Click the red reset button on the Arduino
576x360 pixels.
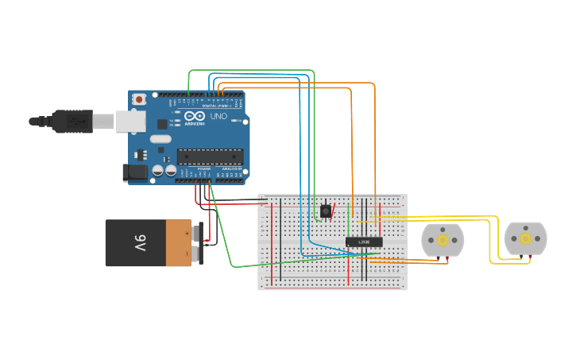tap(140, 99)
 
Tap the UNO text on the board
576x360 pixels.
tap(218, 116)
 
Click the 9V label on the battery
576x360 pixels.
tap(139, 242)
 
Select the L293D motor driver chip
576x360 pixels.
tap(364, 242)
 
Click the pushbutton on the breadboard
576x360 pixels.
tap(326, 211)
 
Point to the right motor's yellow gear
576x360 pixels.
tap(525, 238)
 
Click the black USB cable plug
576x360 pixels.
tap(72, 121)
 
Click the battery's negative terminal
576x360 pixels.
tap(197, 254)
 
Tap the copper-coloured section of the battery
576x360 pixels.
tap(179, 243)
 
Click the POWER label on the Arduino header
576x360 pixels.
tap(203, 168)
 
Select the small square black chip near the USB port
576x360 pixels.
tap(162, 124)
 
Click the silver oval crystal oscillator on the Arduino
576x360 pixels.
tap(160, 140)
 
